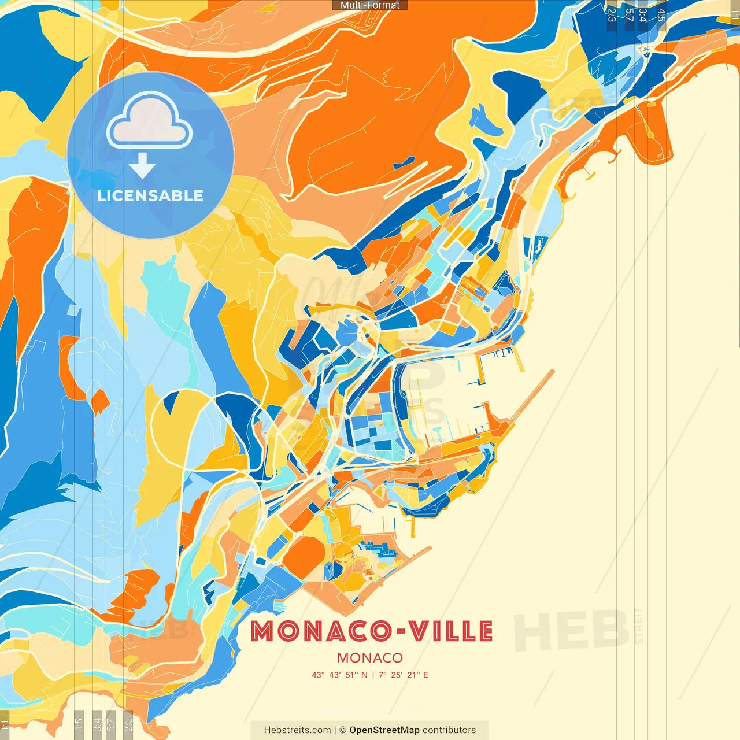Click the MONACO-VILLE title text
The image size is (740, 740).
click(372, 631)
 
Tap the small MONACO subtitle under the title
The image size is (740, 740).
click(370, 658)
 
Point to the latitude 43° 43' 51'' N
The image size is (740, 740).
click(340, 675)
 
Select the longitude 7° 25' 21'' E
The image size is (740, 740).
click(404, 675)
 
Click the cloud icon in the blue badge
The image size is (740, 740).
click(149, 123)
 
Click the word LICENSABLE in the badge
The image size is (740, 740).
click(150, 195)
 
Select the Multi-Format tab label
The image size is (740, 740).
click(370, 5)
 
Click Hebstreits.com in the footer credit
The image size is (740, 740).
click(297, 730)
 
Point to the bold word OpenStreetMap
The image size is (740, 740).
click(384, 730)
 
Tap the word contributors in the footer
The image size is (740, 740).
click(449, 730)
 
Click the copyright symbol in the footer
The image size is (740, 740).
click(343, 730)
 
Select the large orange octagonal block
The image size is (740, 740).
click(304, 556)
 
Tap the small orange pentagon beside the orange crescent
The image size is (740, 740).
click(99, 401)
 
